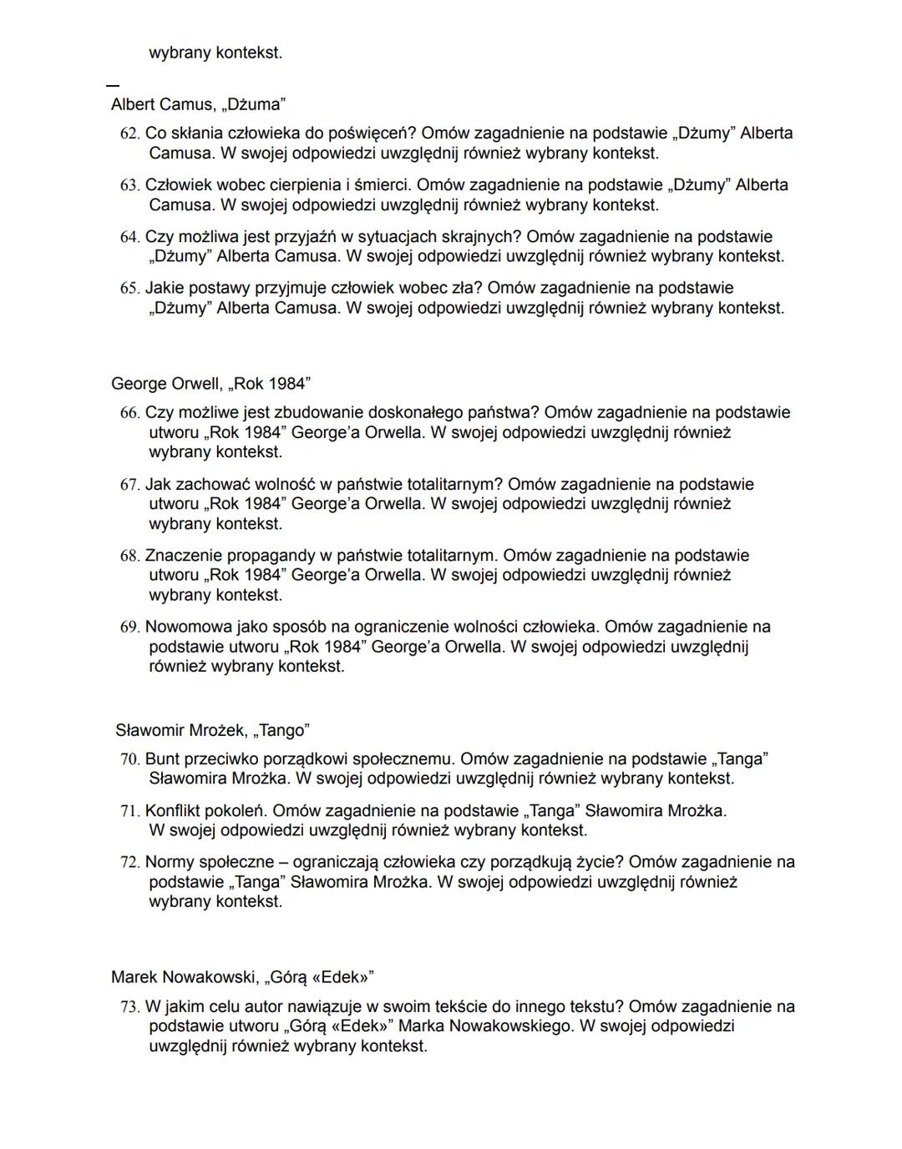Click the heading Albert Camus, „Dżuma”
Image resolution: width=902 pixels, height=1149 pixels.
pos(198,104)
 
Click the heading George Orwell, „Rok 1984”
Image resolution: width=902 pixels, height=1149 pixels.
pos(210,384)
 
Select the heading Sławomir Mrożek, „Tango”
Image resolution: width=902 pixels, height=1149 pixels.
pos(212,730)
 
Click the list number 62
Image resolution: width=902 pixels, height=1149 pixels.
pos(129,134)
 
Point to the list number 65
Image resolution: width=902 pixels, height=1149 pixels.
pos(129,289)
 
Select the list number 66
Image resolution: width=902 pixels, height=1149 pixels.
pos(129,413)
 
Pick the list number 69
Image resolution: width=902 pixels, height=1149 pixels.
pos(129,627)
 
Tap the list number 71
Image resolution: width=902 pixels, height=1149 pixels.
pos(129,811)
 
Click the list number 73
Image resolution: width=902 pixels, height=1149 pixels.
pos(129,1007)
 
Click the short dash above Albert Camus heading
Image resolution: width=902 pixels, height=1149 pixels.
pos(113,84)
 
